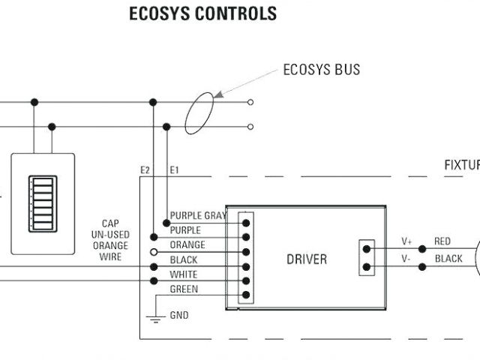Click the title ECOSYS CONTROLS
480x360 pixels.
click(x=203, y=13)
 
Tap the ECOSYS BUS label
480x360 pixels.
click(x=321, y=70)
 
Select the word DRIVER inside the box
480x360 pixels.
click(x=307, y=259)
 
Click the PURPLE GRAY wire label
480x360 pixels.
click(x=198, y=216)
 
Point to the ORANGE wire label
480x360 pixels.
click(x=187, y=244)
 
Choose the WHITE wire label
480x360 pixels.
click(x=184, y=274)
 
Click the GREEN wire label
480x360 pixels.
click(x=184, y=289)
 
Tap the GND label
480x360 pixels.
click(x=179, y=316)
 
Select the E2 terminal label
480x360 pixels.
click(x=145, y=170)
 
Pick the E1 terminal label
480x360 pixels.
click(x=175, y=170)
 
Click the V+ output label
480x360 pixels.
click(x=406, y=241)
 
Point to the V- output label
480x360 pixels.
click(x=406, y=257)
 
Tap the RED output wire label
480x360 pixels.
click(x=442, y=241)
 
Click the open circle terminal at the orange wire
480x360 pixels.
click(x=154, y=252)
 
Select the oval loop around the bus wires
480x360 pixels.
click(x=199, y=113)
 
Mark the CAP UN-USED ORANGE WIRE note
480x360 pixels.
click(x=110, y=240)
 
